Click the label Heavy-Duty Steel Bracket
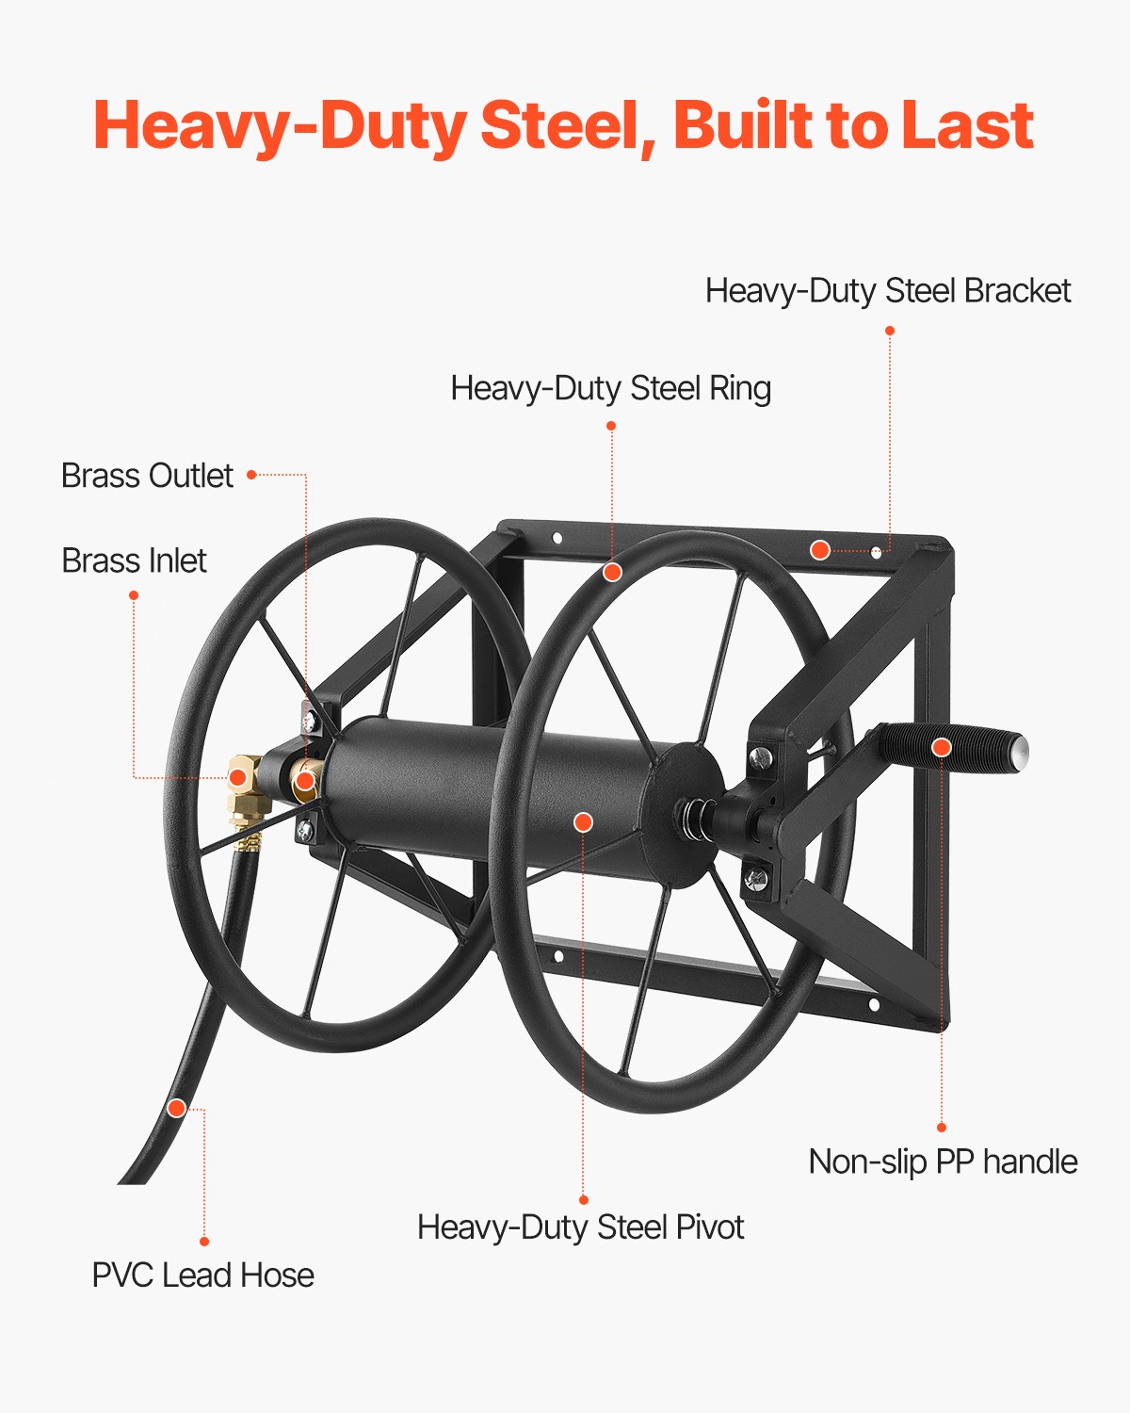887,291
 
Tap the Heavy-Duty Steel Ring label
610,388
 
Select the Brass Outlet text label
147,476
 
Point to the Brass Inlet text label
134,560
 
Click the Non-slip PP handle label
943,1161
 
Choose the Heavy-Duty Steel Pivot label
580,1227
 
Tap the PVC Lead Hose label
202,1275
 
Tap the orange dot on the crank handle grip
942,748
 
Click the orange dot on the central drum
583,822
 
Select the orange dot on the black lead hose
176,1108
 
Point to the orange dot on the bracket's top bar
820,550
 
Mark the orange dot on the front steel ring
612,572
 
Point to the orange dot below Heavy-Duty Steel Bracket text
889,331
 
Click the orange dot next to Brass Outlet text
251,476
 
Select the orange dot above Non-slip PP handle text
941,1127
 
